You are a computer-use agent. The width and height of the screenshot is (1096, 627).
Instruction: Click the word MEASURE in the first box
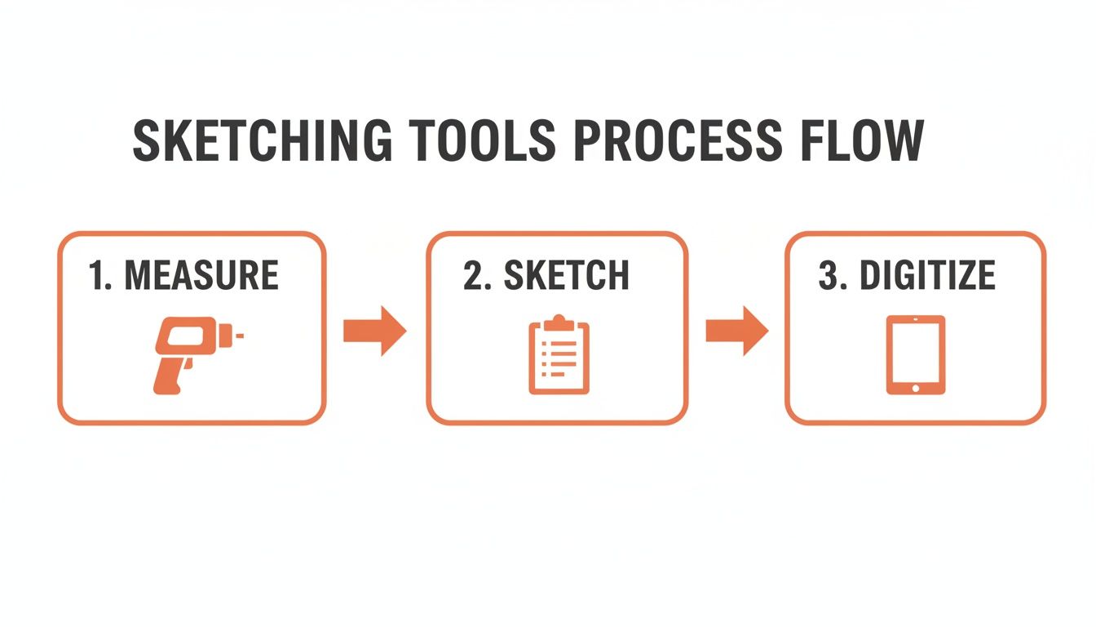(x=202, y=276)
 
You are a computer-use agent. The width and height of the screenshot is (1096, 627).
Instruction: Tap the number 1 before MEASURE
(x=96, y=276)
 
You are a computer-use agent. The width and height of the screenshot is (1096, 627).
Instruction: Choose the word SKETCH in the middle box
(x=566, y=277)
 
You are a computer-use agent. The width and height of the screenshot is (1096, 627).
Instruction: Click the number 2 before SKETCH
(x=471, y=277)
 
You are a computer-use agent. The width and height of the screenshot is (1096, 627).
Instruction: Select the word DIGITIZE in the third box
(x=928, y=277)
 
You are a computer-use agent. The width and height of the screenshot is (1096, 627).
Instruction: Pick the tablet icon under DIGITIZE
(x=916, y=354)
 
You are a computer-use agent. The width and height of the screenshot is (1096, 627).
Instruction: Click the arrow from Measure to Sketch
(x=374, y=331)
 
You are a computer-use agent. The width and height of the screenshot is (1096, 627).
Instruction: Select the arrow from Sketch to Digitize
(x=736, y=331)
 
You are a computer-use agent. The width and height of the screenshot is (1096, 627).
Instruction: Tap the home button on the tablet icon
(x=916, y=387)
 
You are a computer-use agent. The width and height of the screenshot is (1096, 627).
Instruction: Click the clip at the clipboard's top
(x=559, y=322)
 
